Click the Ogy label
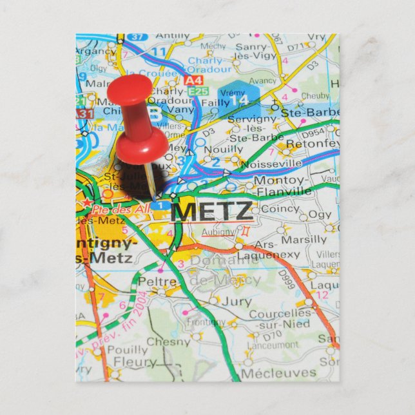point(320,214)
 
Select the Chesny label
point(168,342)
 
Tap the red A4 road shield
point(193,80)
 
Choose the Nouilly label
point(224,149)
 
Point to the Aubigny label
point(218,231)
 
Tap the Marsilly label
point(305,240)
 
